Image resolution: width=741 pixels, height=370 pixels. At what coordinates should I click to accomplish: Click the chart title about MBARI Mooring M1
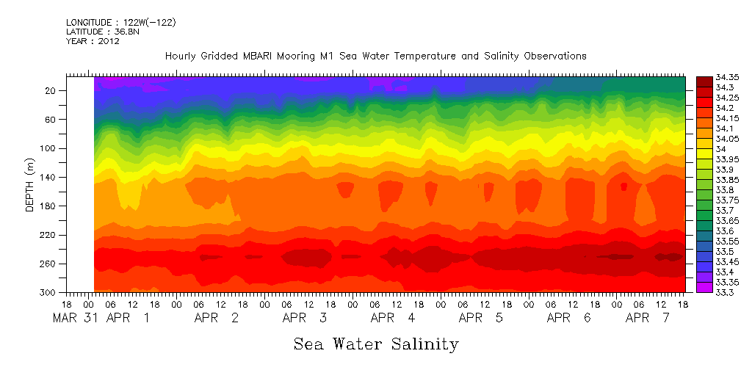(x=375, y=56)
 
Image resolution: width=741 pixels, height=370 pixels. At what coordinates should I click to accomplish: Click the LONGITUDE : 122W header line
(x=120, y=22)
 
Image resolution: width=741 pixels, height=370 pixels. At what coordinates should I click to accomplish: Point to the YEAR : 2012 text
(x=93, y=41)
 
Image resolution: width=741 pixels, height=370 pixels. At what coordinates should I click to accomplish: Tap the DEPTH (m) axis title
(x=30, y=187)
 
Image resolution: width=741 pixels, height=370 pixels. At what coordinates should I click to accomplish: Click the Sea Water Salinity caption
(x=376, y=344)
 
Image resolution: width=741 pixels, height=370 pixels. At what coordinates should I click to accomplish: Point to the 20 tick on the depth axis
(x=51, y=90)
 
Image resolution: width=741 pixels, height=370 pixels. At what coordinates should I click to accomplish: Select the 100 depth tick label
(x=48, y=148)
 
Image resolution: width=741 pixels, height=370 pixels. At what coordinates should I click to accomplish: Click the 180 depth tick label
(x=48, y=206)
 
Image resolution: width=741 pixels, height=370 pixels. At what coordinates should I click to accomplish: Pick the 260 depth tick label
(x=48, y=264)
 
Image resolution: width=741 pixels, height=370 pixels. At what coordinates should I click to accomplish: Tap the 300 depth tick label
(x=48, y=292)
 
